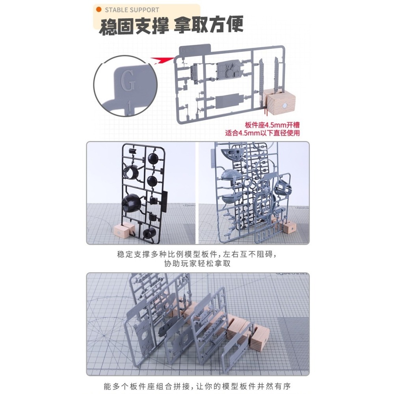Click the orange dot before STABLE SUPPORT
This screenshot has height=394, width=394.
[99, 9]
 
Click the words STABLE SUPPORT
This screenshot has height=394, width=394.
[132, 10]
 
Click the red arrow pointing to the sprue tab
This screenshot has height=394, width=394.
[163, 60]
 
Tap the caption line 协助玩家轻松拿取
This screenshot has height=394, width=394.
[197, 264]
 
